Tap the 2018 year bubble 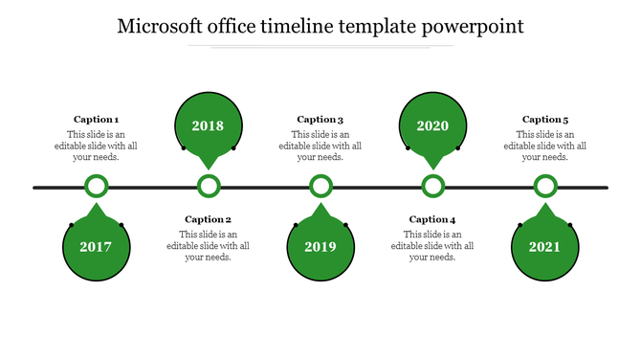click(x=208, y=125)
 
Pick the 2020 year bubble click(x=432, y=125)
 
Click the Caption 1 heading click(x=96, y=120)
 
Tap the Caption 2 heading click(x=208, y=219)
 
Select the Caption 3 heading click(x=320, y=120)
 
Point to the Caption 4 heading click(x=432, y=219)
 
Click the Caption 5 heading click(x=545, y=120)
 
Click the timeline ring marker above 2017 click(x=96, y=187)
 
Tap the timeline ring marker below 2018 click(x=209, y=187)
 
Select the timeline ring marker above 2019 click(x=320, y=187)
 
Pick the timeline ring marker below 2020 click(x=433, y=187)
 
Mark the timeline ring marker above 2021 click(x=545, y=187)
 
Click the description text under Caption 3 click(x=320, y=146)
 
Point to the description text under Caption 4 click(x=432, y=245)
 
